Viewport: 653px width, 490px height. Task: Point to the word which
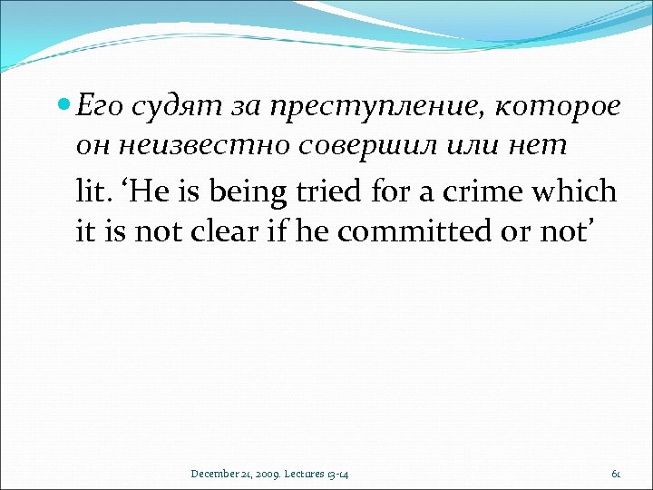pos(574,193)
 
